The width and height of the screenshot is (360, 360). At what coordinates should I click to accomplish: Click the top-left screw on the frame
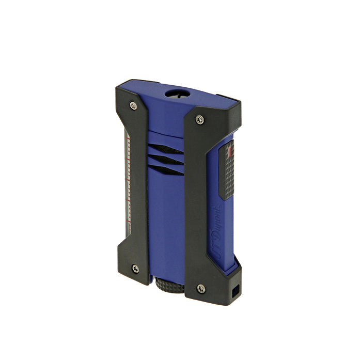134,105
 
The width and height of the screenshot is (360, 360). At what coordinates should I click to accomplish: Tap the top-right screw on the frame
199,119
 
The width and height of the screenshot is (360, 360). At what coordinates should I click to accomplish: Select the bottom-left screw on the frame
135,268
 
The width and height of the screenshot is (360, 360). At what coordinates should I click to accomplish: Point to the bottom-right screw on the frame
201,288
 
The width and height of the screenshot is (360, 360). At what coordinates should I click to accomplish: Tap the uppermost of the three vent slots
168,150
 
